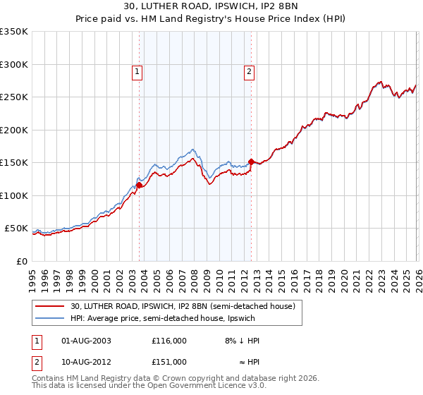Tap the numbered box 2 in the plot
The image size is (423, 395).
250,71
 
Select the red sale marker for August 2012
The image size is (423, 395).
251,162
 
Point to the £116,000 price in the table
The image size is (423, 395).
169,340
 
